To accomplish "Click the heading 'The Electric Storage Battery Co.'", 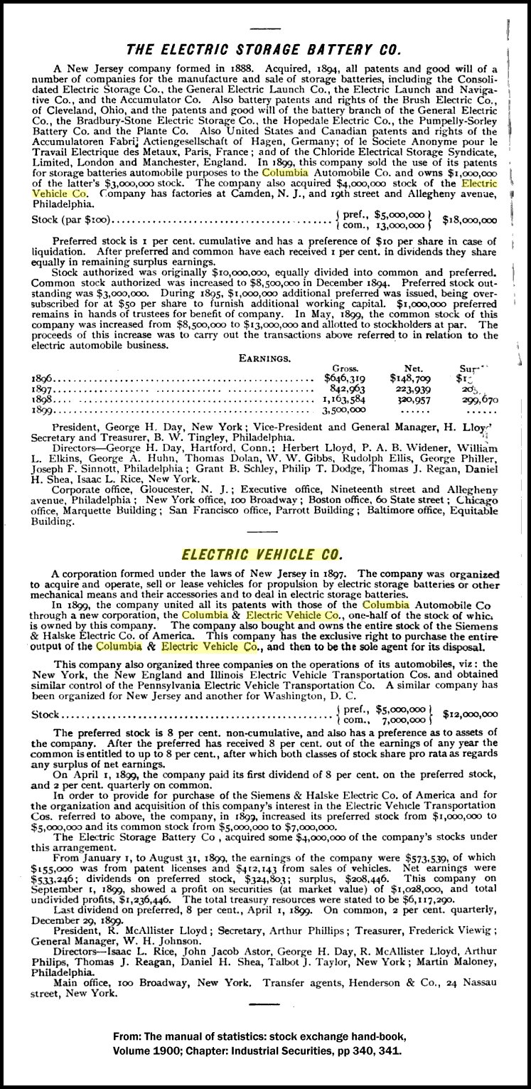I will [x=263, y=49].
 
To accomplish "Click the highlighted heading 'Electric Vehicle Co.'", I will [x=262, y=553].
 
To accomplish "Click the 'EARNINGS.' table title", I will [x=264, y=358].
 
